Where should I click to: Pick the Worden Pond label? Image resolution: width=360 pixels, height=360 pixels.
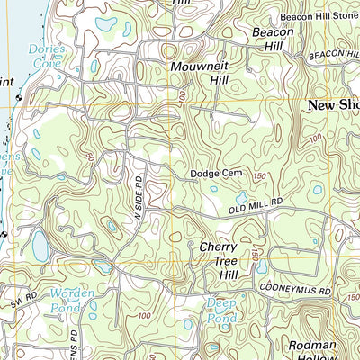pyautogui.click(x=71, y=300)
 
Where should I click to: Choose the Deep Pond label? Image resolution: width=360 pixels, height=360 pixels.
pyautogui.click(x=221, y=310)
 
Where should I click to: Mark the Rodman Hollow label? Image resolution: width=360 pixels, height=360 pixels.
pyautogui.click(x=311, y=352)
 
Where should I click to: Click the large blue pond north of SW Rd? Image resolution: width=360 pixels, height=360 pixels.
pyautogui.click(x=40, y=244)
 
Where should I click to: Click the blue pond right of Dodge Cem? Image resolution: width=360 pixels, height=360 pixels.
pyautogui.click(x=241, y=197)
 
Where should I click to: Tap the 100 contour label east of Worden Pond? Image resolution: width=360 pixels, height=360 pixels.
pyautogui.click(x=144, y=316)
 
